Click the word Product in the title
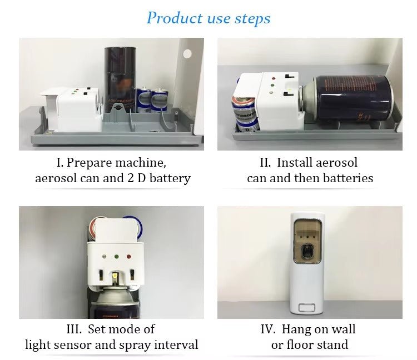pos(175,18)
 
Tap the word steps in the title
pos(252,19)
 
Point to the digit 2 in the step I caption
pos(130,178)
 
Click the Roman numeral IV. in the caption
pos(269,329)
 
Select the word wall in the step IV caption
pos(343,329)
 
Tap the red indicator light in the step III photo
pos(129,257)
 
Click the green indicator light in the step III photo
pos(117,257)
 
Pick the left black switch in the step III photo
pos(101,274)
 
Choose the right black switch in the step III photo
pos(132,274)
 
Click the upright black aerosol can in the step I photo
pos(120,79)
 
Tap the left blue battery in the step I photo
pos(143,99)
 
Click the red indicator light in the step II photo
pos(273,78)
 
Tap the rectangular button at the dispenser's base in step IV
pos(307,308)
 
